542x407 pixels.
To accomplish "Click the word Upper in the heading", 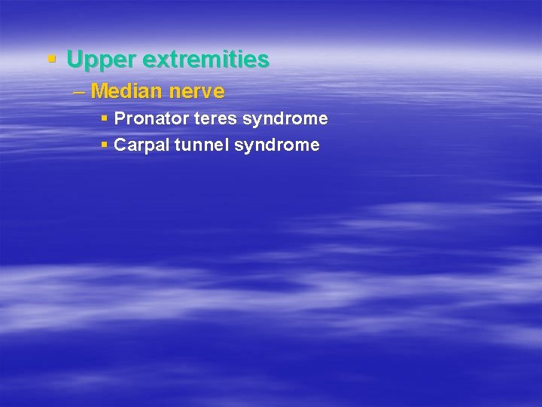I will (x=94, y=60).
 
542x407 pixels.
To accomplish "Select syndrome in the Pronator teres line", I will (x=285, y=119).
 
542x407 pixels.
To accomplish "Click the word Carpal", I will (x=142, y=145).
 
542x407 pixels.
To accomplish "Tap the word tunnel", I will (x=202, y=145).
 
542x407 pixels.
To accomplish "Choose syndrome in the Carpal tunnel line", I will (x=277, y=145).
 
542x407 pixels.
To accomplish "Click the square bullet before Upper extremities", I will (x=51, y=58).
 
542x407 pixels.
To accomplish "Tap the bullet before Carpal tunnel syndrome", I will (x=105, y=145).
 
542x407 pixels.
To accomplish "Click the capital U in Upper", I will (x=74, y=59).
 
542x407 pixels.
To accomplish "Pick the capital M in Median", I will (x=99, y=92).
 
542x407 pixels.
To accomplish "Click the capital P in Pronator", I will (x=119, y=119).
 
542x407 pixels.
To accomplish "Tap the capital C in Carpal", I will (x=120, y=145).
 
